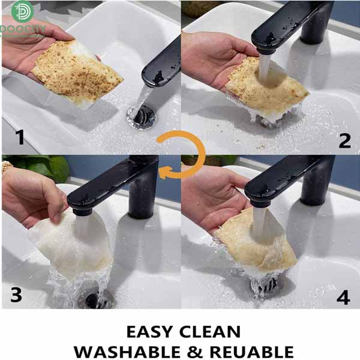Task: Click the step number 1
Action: (20, 137)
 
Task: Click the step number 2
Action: (344, 140)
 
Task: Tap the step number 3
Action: (17, 295)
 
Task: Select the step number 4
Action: (343, 298)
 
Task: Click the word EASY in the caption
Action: (149, 332)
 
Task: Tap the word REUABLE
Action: (251, 352)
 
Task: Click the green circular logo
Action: (22, 11)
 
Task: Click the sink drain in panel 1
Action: (141, 116)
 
